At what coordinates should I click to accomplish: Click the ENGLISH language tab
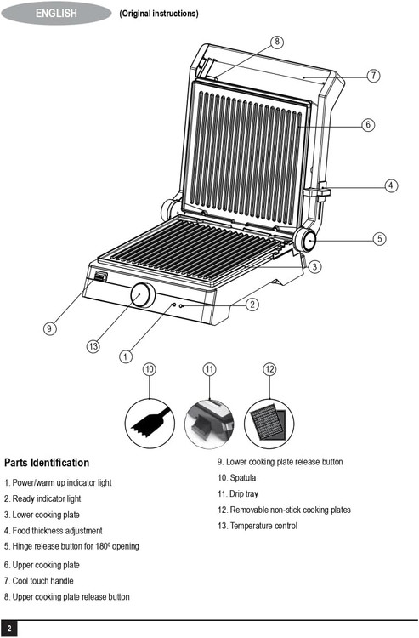point(56,13)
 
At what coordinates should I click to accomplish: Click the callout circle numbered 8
point(277,42)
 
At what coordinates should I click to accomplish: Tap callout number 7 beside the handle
point(373,76)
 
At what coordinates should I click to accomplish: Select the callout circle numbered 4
point(391,185)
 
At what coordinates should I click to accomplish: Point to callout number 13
point(93,346)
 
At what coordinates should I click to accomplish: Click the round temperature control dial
point(143,295)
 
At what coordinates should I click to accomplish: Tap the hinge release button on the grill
point(305,240)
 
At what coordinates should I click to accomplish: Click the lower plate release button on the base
point(100,277)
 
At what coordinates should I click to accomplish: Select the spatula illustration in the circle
point(150,423)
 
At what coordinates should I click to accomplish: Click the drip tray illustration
point(209,423)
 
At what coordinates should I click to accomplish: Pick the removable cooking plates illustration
point(269,423)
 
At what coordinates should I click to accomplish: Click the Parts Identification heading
point(47,463)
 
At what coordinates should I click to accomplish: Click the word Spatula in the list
point(242,478)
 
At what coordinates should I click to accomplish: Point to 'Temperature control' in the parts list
point(263,526)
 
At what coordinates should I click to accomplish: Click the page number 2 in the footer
point(9,629)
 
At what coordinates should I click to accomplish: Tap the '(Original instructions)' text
point(159,14)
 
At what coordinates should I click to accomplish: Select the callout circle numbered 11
point(209,369)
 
